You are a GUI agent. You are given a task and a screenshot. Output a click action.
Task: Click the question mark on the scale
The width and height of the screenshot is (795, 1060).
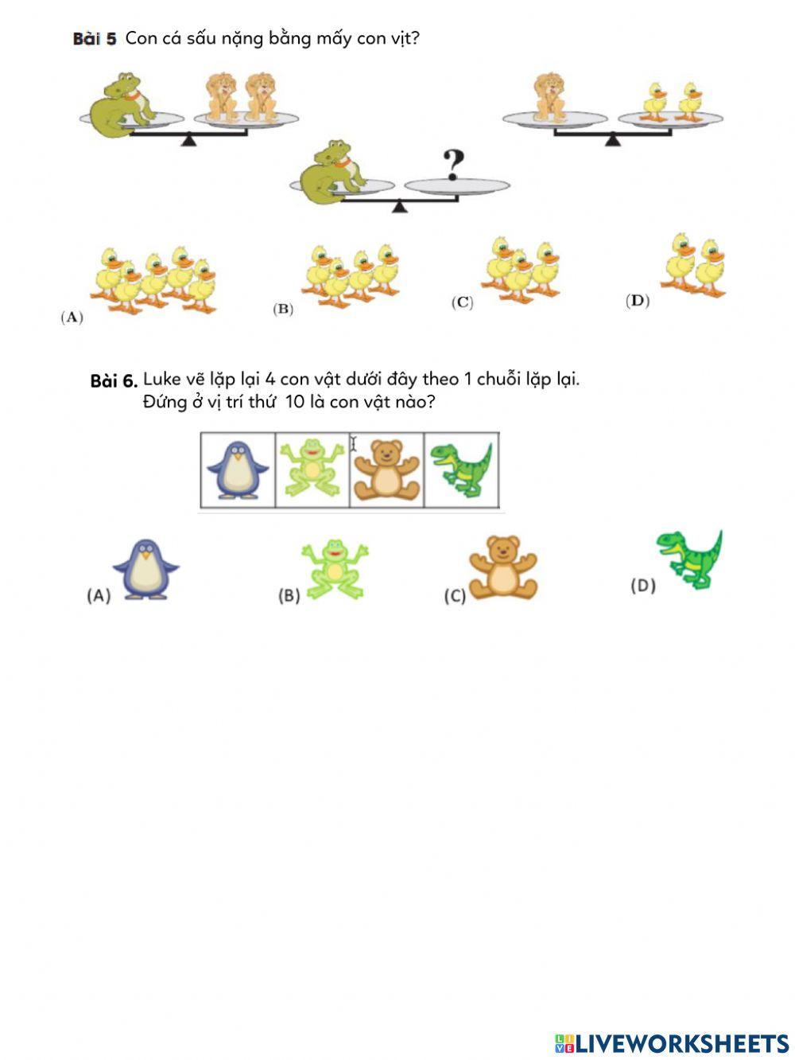pos(453,165)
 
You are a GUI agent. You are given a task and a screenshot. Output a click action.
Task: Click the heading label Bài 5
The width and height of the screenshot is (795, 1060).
pos(95,38)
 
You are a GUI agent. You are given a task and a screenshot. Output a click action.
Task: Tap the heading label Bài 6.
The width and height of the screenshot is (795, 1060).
pos(114,381)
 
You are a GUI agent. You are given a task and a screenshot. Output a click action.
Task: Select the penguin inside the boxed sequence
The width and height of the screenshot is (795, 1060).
pos(237,470)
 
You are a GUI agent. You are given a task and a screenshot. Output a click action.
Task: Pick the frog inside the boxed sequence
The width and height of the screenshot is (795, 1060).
pos(312,470)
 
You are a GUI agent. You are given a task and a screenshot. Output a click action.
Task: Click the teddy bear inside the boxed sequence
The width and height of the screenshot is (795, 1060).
pos(386,470)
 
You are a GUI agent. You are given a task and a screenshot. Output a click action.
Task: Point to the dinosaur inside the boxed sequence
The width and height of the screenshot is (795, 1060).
pos(461,469)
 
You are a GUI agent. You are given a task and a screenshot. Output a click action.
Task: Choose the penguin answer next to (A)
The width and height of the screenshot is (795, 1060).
pos(145,569)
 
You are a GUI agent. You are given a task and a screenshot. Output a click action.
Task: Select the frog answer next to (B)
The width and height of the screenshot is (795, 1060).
pos(335,569)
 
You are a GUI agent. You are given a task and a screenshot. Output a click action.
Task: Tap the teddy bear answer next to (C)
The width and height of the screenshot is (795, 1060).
pos(502,567)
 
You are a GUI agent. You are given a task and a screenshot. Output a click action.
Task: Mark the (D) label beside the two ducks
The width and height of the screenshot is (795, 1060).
pos(638,301)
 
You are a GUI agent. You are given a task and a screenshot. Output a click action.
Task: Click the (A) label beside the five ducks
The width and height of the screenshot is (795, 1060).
pos(72,318)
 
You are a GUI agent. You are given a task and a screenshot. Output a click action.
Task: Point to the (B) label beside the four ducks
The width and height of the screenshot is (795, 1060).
pos(283,310)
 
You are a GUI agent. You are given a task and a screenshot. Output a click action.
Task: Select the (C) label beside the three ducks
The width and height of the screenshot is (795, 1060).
pos(462,302)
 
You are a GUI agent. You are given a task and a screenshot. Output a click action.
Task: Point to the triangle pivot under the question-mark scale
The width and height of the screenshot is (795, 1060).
pos(399,207)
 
